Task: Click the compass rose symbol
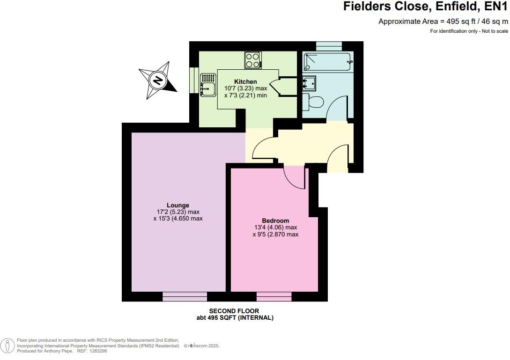pos(158,81)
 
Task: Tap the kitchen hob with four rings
pos(252,60)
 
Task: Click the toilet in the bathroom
pos(313,101)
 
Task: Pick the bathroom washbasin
pos(310,82)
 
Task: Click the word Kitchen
pos(246,81)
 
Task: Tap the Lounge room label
pos(178,205)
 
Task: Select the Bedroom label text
pos(275,220)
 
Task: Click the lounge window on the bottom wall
pos(185,296)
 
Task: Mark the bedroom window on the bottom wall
pos(274,296)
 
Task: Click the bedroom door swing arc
pos(295,178)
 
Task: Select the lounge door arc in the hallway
pos(262,149)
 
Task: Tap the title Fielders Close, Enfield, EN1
pos(425,7)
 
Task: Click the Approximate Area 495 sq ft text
pos(443,22)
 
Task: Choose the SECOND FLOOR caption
pos(234,311)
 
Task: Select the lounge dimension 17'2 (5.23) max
pos(178,212)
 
